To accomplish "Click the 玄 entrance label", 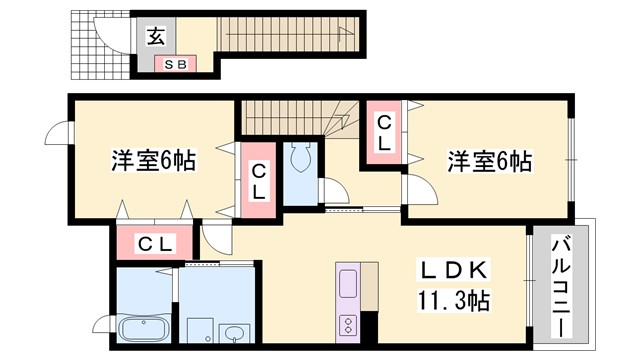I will [157, 37].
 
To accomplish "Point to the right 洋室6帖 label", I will [489, 160].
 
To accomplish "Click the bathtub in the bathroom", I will [146, 329].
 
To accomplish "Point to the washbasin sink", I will [234, 332].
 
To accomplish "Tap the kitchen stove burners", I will [349, 324].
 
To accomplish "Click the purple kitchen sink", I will [349, 283].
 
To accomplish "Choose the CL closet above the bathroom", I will [155, 243].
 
